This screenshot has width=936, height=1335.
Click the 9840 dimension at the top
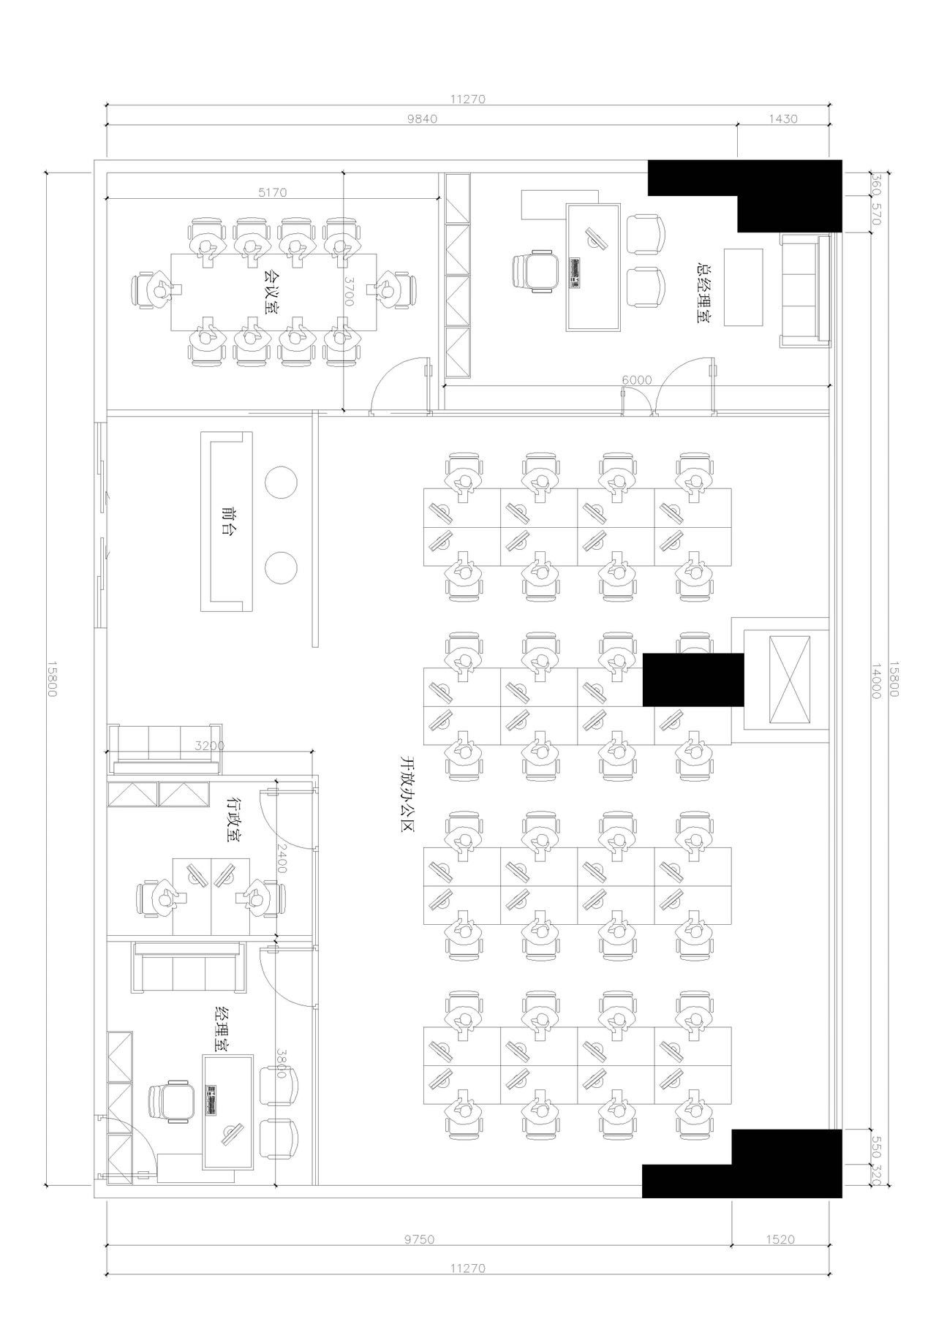click(x=422, y=119)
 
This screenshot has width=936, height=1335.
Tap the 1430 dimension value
click(x=782, y=119)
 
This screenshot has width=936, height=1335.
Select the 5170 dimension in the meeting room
click(x=272, y=192)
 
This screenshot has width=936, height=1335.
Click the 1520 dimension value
click(x=780, y=1239)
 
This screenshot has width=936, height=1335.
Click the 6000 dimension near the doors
click(x=636, y=380)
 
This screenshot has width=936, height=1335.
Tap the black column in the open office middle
click(x=693, y=680)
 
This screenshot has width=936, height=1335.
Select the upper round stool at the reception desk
click(x=281, y=483)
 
